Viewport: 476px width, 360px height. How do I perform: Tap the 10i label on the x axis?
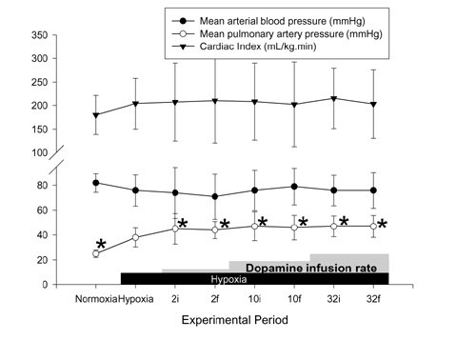tap(254, 300)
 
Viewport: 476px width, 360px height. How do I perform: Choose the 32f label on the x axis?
tap(372, 300)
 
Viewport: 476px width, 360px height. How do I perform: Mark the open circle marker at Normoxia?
tap(95, 254)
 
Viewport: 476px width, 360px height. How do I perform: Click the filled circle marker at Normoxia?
tap(95, 183)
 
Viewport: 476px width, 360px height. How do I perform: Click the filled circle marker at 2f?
tap(215, 197)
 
